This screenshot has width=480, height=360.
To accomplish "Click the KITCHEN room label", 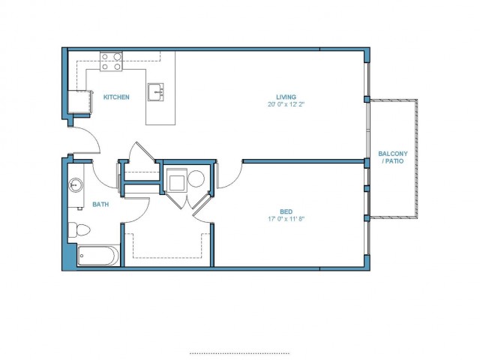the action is (116, 97).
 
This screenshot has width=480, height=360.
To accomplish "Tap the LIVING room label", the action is (286, 97).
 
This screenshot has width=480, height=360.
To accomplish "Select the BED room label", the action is (286, 211).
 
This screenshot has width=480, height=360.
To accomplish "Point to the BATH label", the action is (100, 204).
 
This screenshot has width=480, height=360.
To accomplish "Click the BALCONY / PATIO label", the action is (393, 157).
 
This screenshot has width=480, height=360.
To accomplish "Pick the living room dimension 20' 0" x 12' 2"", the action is (286, 104).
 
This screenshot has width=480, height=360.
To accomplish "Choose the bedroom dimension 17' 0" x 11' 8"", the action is (286, 219).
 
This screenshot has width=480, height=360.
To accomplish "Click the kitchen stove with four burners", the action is (111, 61).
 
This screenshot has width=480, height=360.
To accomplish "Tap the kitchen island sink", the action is (155, 91).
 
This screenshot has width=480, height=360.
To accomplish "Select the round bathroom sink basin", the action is (75, 185).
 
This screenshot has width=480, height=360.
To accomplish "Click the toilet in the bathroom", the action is (79, 229).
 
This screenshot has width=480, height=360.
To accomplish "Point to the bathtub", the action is (98, 256).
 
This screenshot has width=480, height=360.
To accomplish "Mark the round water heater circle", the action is (196, 178).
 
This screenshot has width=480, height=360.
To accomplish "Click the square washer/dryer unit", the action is (176, 180).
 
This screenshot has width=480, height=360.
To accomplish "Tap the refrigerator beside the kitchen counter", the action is (79, 102).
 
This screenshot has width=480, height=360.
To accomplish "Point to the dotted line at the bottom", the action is (239, 353).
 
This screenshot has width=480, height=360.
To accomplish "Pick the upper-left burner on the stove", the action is (105, 57).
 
